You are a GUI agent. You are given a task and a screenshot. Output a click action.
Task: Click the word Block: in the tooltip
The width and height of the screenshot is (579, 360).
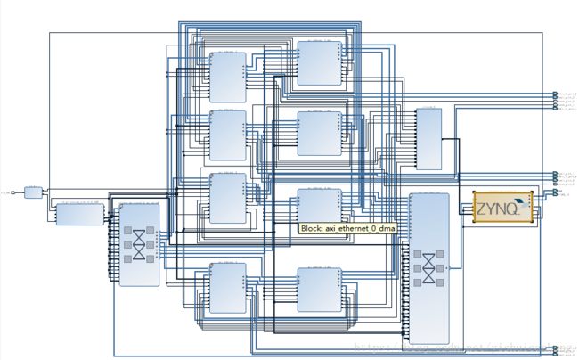pos(312,228)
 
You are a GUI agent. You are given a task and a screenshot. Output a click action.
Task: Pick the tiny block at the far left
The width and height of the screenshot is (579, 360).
pos(33,192)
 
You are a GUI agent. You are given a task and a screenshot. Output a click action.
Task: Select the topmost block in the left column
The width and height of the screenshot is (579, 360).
pos(227,77)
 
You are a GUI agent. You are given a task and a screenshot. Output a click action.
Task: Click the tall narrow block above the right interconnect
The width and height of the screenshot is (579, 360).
pos(429,138)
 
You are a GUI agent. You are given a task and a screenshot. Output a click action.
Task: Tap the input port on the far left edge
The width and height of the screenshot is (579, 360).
pos(7,192)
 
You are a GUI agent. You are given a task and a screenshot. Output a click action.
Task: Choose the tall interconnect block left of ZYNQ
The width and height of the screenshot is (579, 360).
pos(429,267)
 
